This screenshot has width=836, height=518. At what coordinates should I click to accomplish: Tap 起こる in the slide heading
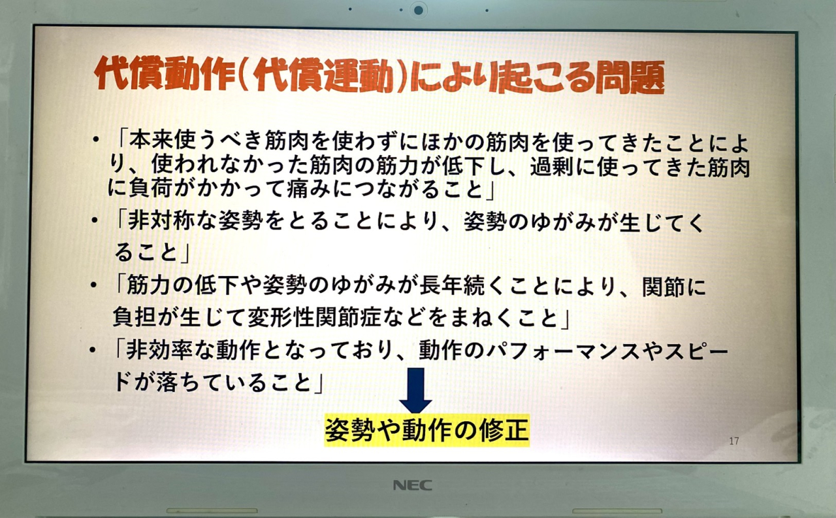click(542, 77)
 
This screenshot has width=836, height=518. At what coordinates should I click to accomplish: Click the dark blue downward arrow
click(415, 390)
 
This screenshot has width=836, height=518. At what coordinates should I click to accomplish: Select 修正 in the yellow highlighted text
click(505, 430)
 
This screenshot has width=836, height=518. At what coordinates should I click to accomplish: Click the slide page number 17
click(734, 441)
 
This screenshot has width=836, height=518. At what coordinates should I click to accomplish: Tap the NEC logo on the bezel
click(412, 485)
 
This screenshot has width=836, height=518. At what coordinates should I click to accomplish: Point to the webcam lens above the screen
click(419, 10)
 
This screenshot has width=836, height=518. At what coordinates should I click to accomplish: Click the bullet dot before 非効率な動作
click(92, 350)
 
